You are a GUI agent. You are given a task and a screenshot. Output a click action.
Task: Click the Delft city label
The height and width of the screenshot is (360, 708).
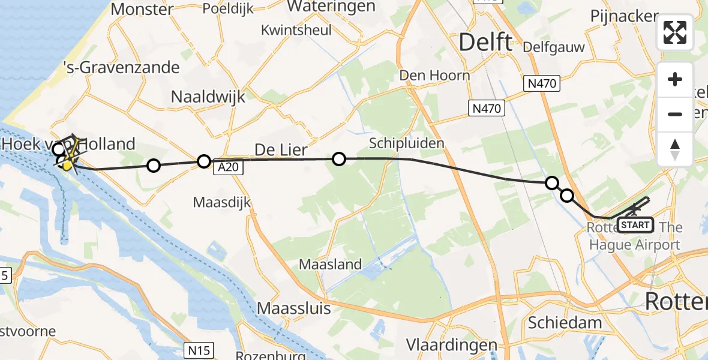486,43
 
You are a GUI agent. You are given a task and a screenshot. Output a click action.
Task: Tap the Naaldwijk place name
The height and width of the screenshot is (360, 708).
208,97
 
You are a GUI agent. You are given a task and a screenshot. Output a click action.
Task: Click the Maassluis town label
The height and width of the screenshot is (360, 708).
294,308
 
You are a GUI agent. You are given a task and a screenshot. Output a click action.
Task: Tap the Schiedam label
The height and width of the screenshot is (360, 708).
565,323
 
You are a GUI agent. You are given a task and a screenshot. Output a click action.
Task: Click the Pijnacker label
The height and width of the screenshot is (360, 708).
625,16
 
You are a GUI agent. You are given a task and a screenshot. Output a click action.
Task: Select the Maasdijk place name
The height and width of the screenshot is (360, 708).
222,202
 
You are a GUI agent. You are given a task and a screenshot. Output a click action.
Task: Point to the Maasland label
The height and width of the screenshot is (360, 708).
330,264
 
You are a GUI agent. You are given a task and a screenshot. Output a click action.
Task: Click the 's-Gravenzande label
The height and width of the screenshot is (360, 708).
122,67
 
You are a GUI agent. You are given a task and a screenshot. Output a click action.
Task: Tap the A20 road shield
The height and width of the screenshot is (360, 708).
229,169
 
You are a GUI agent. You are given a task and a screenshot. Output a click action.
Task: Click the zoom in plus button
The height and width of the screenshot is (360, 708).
675,80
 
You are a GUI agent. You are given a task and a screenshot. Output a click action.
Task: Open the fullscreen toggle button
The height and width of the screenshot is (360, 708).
675,32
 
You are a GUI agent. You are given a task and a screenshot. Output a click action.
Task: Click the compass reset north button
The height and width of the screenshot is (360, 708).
675,149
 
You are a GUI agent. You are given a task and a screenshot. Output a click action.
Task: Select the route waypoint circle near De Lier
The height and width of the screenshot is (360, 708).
339,159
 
